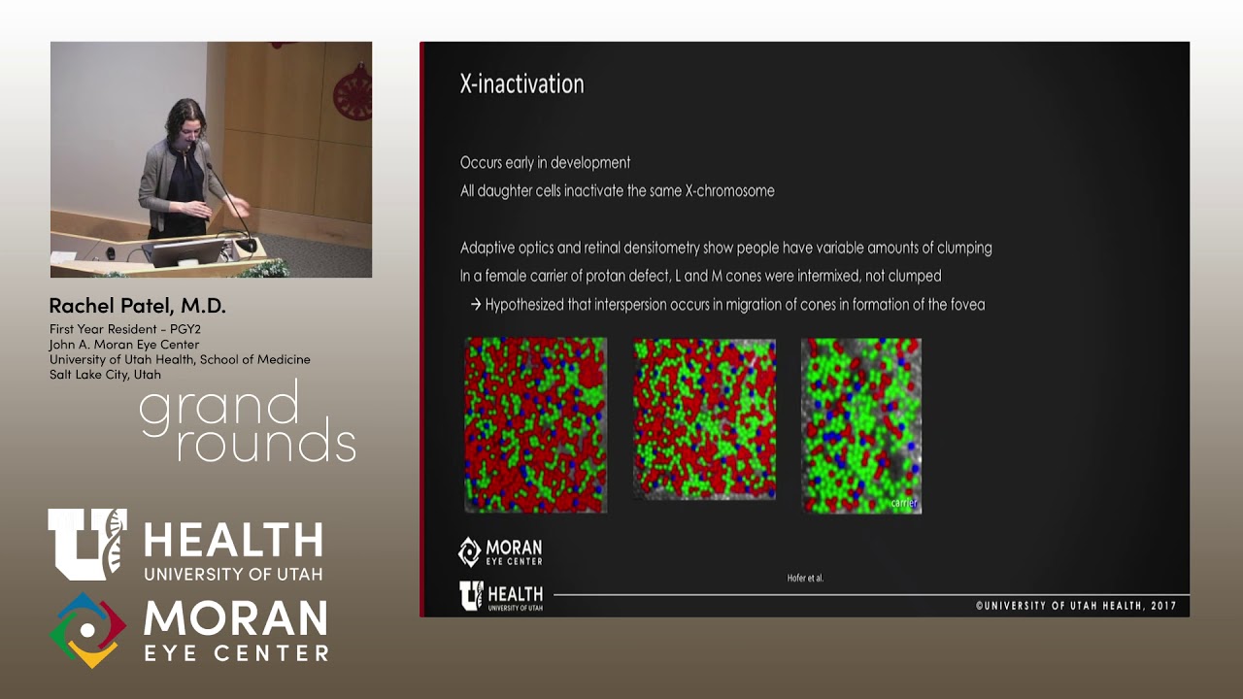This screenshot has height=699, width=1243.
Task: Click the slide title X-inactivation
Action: (x=521, y=84)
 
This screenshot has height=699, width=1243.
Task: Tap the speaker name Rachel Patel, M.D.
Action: (x=137, y=306)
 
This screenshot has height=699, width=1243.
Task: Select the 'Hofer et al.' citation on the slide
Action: (x=804, y=578)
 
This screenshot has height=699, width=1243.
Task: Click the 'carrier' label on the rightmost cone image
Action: (x=903, y=503)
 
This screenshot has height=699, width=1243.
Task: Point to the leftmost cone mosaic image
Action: (x=535, y=424)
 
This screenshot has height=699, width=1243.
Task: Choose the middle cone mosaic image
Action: (x=704, y=418)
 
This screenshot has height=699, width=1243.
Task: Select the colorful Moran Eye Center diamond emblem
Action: (x=87, y=630)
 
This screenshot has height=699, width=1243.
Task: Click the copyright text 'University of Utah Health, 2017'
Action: (x=1076, y=606)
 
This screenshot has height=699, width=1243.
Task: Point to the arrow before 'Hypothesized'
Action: (x=476, y=305)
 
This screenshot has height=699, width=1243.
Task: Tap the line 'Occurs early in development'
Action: (x=545, y=162)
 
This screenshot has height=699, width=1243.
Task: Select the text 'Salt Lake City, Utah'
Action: (x=105, y=374)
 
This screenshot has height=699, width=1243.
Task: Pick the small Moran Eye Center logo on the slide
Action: (x=500, y=551)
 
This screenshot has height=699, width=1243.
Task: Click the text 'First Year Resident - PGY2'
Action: (x=124, y=329)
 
